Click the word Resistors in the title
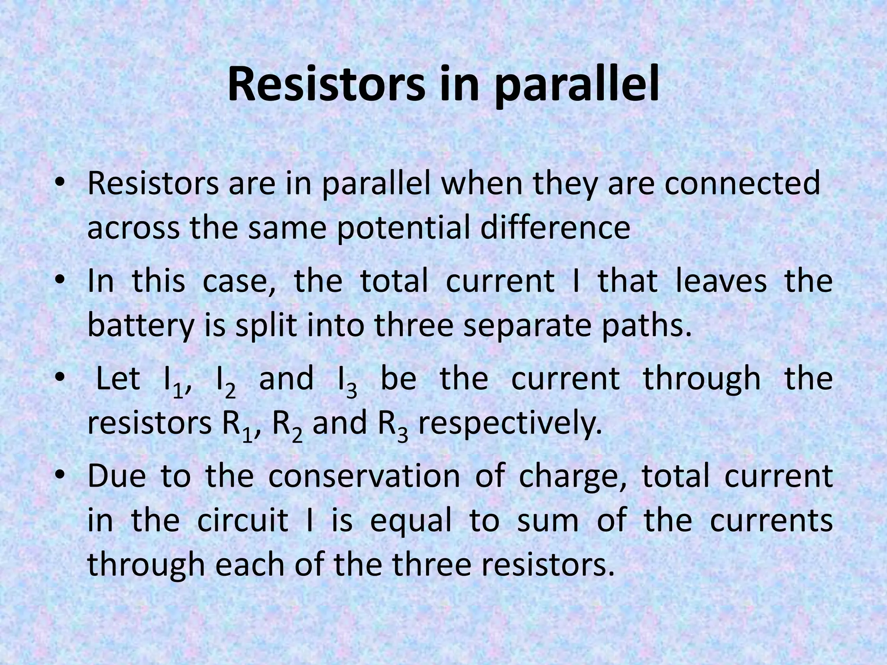(x=326, y=85)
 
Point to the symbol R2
(x=287, y=426)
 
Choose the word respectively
(x=510, y=426)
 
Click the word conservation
(x=364, y=475)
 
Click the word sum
(x=548, y=520)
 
